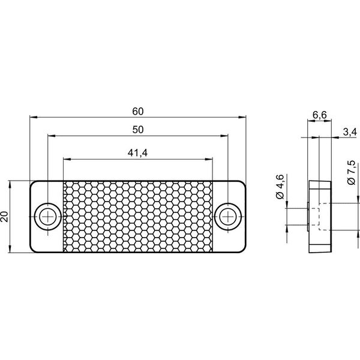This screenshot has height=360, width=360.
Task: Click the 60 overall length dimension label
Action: click(x=138, y=112)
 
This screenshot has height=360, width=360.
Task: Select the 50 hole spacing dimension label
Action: click(x=138, y=130)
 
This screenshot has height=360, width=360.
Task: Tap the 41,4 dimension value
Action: click(x=137, y=152)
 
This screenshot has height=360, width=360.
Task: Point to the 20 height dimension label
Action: click(x=5, y=217)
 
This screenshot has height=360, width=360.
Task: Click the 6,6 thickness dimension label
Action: click(x=320, y=115)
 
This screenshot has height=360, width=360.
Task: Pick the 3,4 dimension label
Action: click(x=350, y=132)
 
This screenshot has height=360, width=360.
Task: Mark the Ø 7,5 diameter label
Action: click(x=351, y=173)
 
